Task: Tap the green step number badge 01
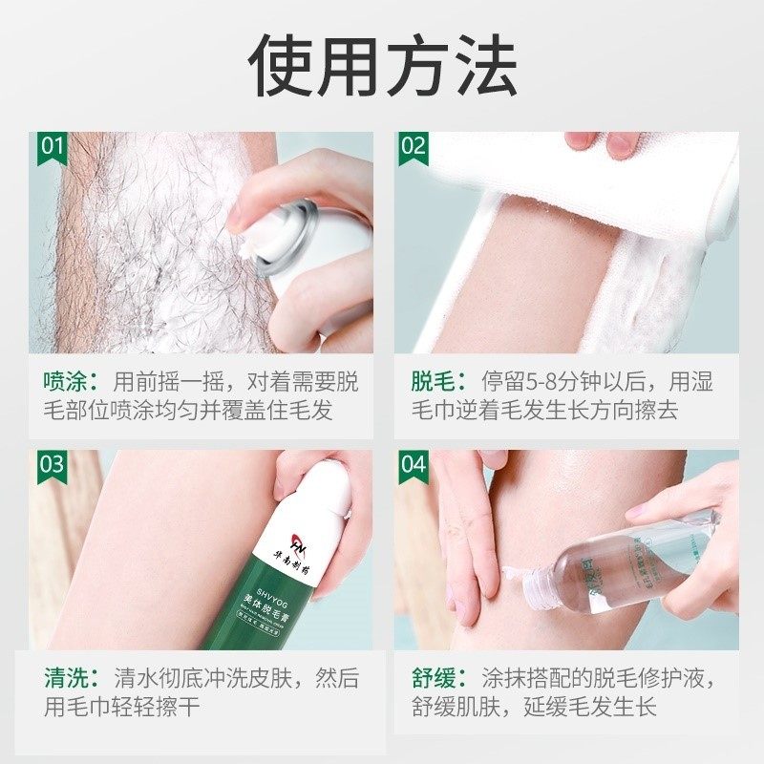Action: click(x=52, y=147)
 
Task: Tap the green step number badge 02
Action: click(x=413, y=147)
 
